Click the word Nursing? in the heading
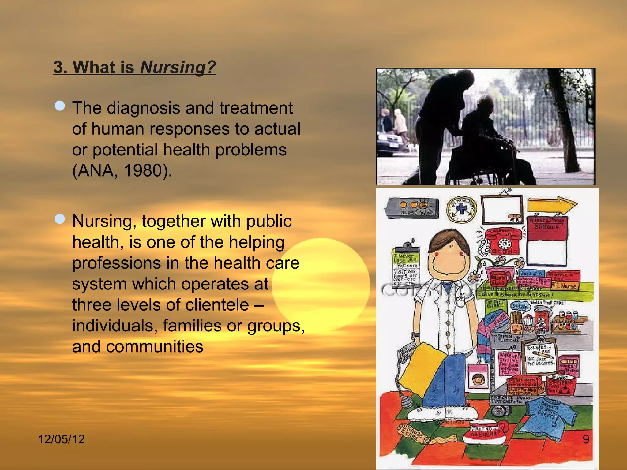pyautogui.click(x=178, y=67)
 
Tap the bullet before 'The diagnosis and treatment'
pyautogui.click(x=60, y=106)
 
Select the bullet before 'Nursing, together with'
pyautogui.click(x=60, y=219)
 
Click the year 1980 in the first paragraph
pyautogui.click(x=143, y=170)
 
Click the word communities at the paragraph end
pyautogui.click(x=155, y=346)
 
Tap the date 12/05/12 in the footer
pyautogui.click(x=61, y=439)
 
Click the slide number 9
pyautogui.click(x=586, y=439)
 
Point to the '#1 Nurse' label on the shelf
pyautogui.click(x=568, y=286)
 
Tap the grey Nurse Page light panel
pyautogui.click(x=413, y=208)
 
